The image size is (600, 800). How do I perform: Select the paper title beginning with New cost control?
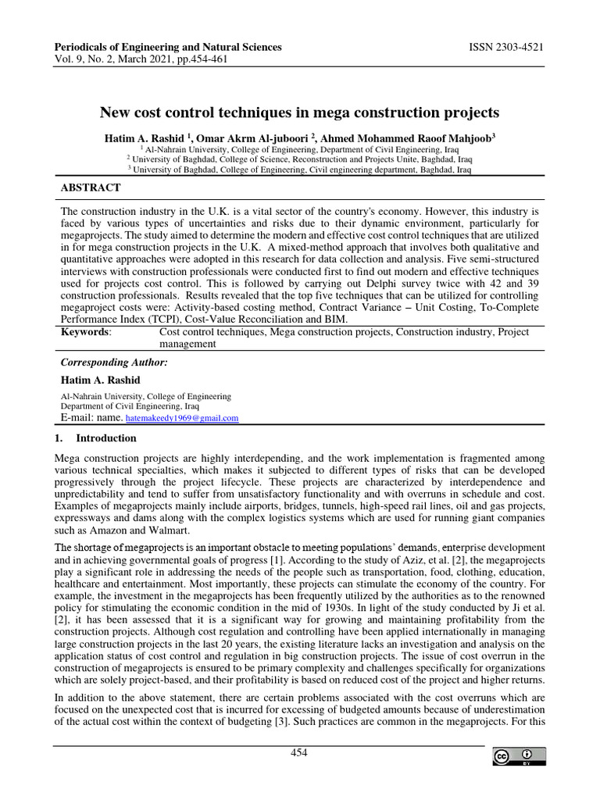tap(299, 112)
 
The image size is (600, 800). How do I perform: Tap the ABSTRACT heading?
tap(91, 187)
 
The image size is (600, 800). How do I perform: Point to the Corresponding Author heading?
tap(114, 362)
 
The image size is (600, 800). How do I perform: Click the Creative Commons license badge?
tap(519, 756)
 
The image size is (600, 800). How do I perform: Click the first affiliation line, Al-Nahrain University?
tap(299, 148)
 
